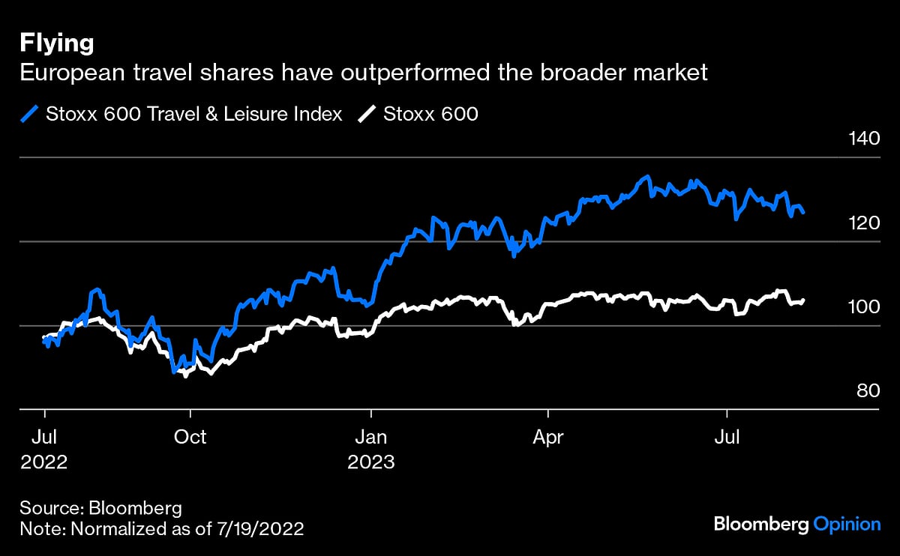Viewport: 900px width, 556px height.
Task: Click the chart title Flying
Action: click(x=57, y=43)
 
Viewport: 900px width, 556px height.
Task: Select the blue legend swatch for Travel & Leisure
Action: click(x=29, y=114)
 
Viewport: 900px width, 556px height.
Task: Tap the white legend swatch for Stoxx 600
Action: click(x=367, y=114)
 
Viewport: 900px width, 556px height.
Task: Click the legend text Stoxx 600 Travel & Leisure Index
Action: click(x=194, y=114)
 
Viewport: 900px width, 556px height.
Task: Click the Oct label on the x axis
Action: click(x=190, y=437)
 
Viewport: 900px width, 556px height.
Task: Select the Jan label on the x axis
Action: click(x=370, y=437)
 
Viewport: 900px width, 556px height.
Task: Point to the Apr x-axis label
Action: click(x=548, y=437)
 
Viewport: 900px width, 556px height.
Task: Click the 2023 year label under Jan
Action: click(x=371, y=462)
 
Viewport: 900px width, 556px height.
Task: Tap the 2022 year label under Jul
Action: click(x=44, y=462)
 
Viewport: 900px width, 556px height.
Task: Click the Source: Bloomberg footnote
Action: click(x=101, y=507)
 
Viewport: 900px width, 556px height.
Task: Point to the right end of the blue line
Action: click(x=804, y=213)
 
